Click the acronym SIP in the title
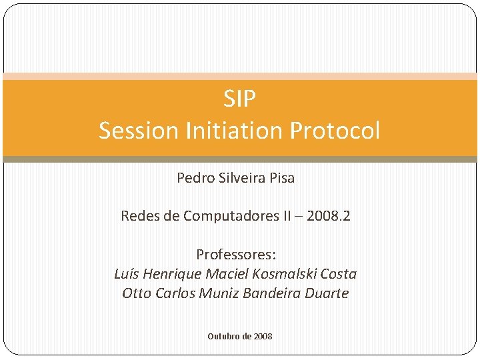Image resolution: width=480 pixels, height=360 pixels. click(x=239, y=99)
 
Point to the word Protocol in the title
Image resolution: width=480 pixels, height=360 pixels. click(x=335, y=130)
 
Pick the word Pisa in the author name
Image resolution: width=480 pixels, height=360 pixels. click(x=282, y=179)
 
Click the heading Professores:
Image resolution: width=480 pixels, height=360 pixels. click(x=235, y=255)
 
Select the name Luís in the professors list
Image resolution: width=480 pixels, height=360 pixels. click(x=126, y=274)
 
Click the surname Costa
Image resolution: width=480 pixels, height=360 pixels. click(x=338, y=274)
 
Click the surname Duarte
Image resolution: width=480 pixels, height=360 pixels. click(x=327, y=293)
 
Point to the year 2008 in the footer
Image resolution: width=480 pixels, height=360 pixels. click(x=263, y=337)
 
